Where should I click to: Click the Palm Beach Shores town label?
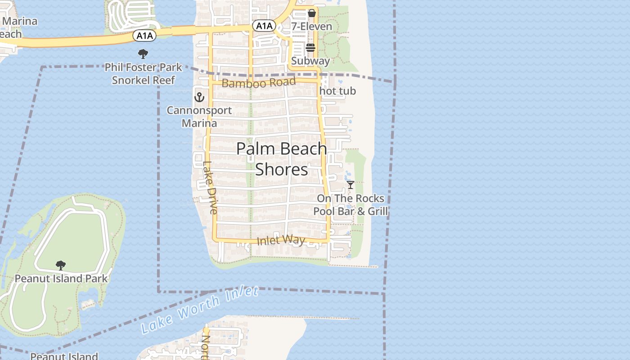[x=282, y=159]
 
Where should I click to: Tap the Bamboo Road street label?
[x=259, y=83]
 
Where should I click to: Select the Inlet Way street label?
[x=281, y=240]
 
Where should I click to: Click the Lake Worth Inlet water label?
[x=200, y=310]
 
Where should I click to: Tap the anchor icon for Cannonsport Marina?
[x=199, y=97]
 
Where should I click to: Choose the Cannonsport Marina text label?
[x=199, y=117]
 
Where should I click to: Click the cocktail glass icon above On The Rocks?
[x=351, y=184]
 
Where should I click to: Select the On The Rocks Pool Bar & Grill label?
[x=351, y=205]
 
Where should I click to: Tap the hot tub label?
[x=337, y=91]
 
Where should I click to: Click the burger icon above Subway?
[x=310, y=47]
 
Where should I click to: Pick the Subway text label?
[x=310, y=61]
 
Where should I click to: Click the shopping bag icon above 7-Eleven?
[x=311, y=13]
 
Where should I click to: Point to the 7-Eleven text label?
[x=311, y=26]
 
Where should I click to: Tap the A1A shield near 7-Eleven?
[x=264, y=26]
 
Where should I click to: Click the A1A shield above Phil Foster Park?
[x=144, y=36]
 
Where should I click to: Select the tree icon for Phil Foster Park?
[x=143, y=54]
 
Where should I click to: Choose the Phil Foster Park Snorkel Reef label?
[x=143, y=74]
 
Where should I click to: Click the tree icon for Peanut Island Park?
[x=61, y=265]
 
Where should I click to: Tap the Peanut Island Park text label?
[x=61, y=279]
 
